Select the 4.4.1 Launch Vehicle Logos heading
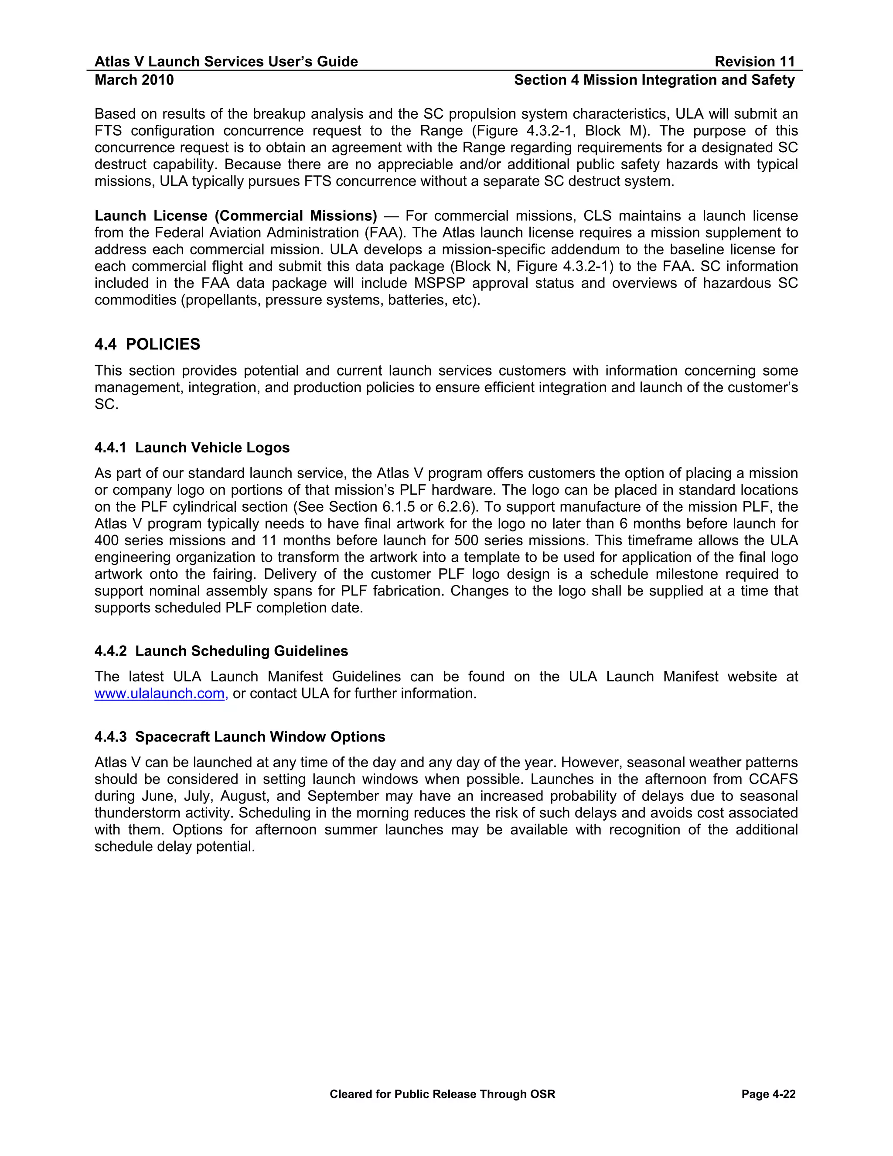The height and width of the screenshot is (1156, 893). tap(192, 448)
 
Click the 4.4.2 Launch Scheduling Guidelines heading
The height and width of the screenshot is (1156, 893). tap(221, 651)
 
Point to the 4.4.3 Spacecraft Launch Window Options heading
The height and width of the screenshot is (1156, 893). tap(240, 737)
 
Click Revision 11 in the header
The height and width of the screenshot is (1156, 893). tap(754, 62)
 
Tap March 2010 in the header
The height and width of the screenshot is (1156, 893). tap(134, 80)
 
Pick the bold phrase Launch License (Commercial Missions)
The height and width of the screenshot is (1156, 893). tap(235, 216)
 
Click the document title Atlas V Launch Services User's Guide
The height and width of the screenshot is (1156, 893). tap(226, 62)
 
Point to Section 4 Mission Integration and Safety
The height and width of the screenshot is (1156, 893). tap(654, 80)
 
